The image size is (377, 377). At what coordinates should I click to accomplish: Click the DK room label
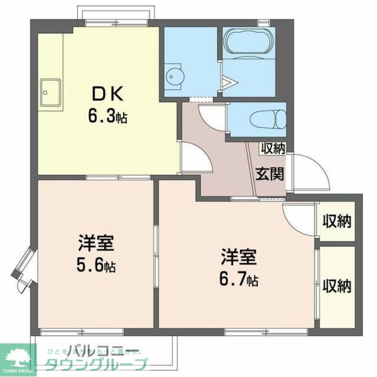coord(107,95)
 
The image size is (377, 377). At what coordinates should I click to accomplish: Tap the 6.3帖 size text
coord(107,117)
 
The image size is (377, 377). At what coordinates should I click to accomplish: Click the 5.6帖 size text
coord(97,266)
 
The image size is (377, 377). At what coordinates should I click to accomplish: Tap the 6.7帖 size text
coord(239,279)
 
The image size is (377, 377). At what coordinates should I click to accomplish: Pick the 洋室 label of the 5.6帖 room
coord(96,244)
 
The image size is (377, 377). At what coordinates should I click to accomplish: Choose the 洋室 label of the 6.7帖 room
coord(239,257)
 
